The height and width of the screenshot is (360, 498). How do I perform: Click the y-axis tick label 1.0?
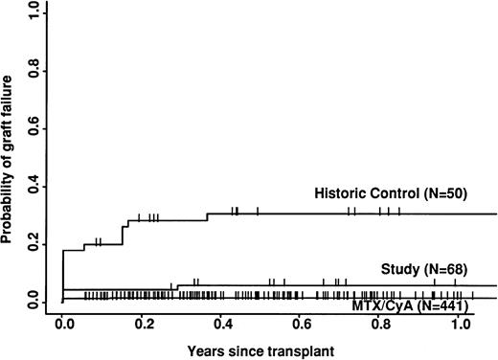pyautogui.click(x=33, y=11)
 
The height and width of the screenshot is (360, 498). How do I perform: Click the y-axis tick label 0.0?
pyautogui.click(x=33, y=303)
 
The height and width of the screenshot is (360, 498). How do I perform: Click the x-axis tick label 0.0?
pyautogui.click(x=62, y=325)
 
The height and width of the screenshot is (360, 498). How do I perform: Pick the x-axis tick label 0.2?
pyautogui.click(x=142, y=325)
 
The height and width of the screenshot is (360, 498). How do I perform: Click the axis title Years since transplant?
pyautogui.click(x=261, y=349)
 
